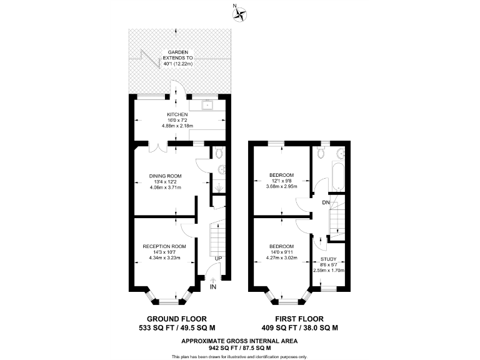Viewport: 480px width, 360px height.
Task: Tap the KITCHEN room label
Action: pyautogui.click(x=177, y=115)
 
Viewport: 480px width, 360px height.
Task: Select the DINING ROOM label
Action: pyautogui.click(x=165, y=176)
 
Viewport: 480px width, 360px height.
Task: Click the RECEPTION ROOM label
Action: pyautogui.click(x=164, y=246)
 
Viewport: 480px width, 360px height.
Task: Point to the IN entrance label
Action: pyautogui.click(x=214, y=287)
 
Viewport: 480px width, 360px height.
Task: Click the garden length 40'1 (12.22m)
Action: pyautogui.click(x=178, y=64)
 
